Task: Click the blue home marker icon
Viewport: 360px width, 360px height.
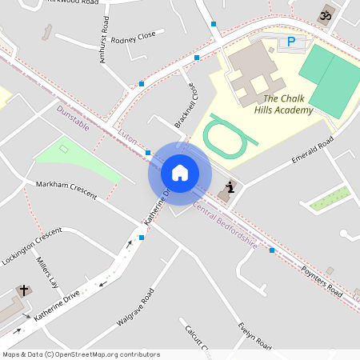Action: click(x=180, y=172)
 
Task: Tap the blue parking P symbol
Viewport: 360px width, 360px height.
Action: click(x=291, y=42)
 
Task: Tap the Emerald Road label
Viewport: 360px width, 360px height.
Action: click(x=312, y=151)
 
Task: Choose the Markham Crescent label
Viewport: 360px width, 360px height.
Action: click(x=66, y=190)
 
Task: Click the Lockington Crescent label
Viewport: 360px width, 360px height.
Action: click(x=32, y=246)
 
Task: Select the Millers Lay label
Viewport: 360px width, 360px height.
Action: click(x=47, y=273)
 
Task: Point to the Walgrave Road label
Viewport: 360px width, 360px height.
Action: click(x=134, y=307)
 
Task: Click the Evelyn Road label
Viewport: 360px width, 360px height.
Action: click(x=254, y=336)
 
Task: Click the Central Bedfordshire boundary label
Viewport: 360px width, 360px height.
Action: click(x=225, y=226)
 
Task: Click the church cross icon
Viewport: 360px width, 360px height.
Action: click(x=24, y=291)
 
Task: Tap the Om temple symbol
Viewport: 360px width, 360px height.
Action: click(x=325, y=14)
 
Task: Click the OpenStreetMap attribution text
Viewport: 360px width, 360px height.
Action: click(x=81, y=354)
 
